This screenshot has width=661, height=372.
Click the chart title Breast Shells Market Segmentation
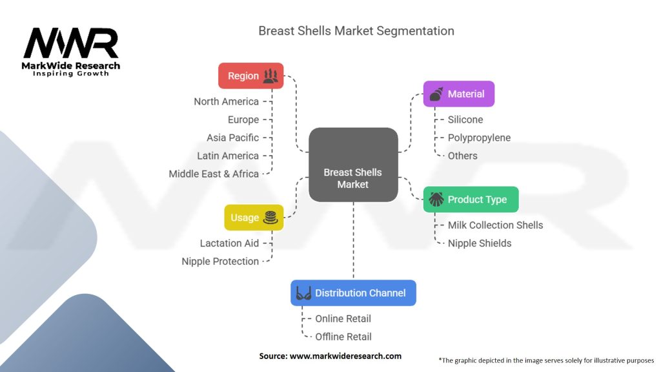pyautogui.click(x=356, y=31)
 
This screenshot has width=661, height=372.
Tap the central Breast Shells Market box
pyautogui.click(x=352, y=165)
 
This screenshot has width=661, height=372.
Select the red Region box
pyautogui.click(x=250, y=76)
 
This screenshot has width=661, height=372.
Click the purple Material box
pyautogui.click(x=458, y=94)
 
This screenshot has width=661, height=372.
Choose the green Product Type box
pyautogui.click(x=471, y=200)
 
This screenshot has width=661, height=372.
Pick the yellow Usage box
pyautogui.click(x=253, y=218)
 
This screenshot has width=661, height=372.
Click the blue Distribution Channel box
pyautogui.click(x=353, y=293)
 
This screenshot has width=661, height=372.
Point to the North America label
pyautogui.click(x=226, y=101)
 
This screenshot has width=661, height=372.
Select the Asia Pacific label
pyautogui.click(x=232, y=138)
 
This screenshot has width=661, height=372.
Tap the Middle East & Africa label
pyautogui.click(x=213, y=174)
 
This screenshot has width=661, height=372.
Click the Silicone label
pyautogui.click(x=465, y=119)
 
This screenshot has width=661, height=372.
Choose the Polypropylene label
pyautogui.click(x=479, y=138)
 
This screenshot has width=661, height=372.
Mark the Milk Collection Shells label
pyautogui.click(x=495, y=225)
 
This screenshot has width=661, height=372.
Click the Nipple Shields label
pyautogui.click(x=479, y=243)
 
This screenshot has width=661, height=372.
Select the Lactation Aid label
pyautogui.click(x=229, y=243)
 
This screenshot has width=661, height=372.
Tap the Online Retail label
pyautogui.click(x=343, y=318)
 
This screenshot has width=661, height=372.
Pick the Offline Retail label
pyautogui.click(x=343, y=336)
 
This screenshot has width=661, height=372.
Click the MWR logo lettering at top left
pyautogui.click(x=71, y=44)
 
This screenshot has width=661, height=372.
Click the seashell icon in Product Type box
pyautogui.click(x=436, y=200)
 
